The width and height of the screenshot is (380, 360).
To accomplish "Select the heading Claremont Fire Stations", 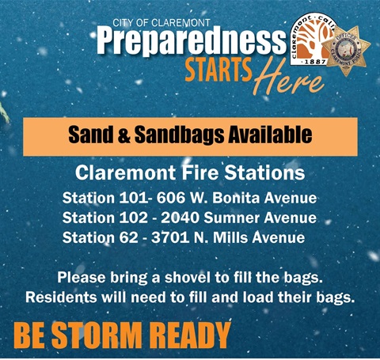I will coord(190,172).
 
